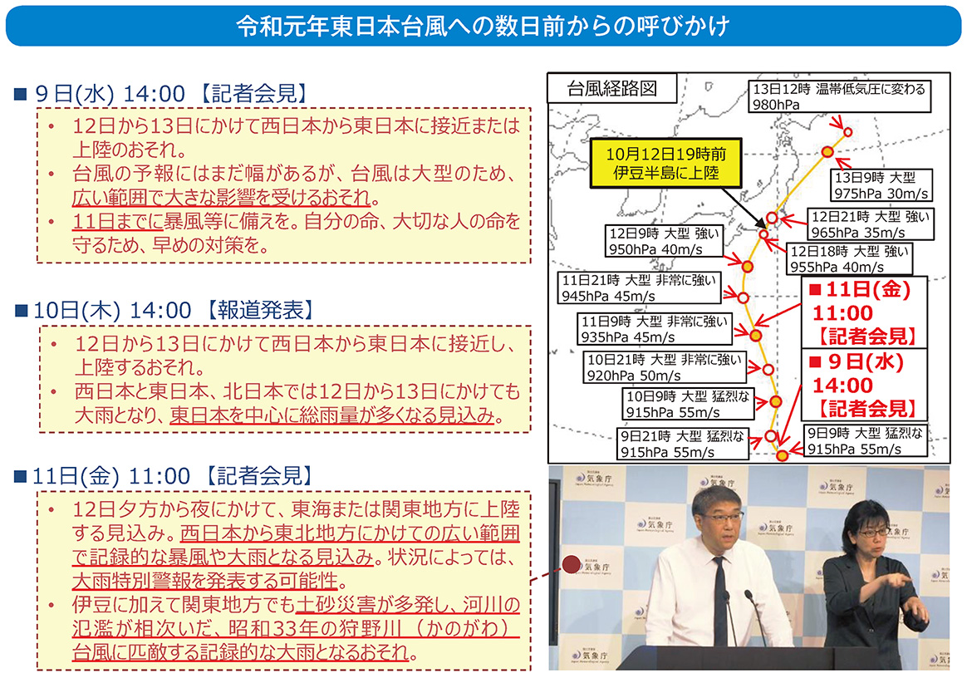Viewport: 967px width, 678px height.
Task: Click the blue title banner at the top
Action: click(x=483, y=27)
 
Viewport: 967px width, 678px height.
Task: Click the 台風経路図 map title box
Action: click(x=611, y=88)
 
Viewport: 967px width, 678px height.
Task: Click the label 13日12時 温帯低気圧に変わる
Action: click(x=837, y=96)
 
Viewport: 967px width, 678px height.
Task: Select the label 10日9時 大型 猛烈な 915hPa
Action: click(x=687, y=403)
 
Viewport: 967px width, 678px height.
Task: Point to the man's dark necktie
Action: click(x=719, y=597)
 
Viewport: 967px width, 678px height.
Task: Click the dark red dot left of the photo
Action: click(x=571, y=565)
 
